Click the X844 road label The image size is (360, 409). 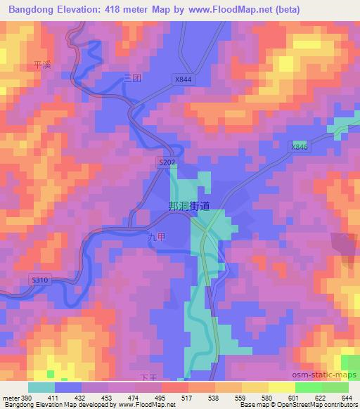[183, 80]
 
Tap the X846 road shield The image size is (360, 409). [300, 146]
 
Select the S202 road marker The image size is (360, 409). [166, 162]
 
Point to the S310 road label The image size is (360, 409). [40, 280]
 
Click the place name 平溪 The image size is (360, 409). [43, 65]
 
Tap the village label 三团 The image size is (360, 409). [132, 78]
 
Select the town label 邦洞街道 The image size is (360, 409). [189, 207]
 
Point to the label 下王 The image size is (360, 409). [151, 378]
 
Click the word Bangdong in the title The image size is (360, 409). [29, 10]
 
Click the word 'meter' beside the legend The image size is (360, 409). [11, 398]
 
